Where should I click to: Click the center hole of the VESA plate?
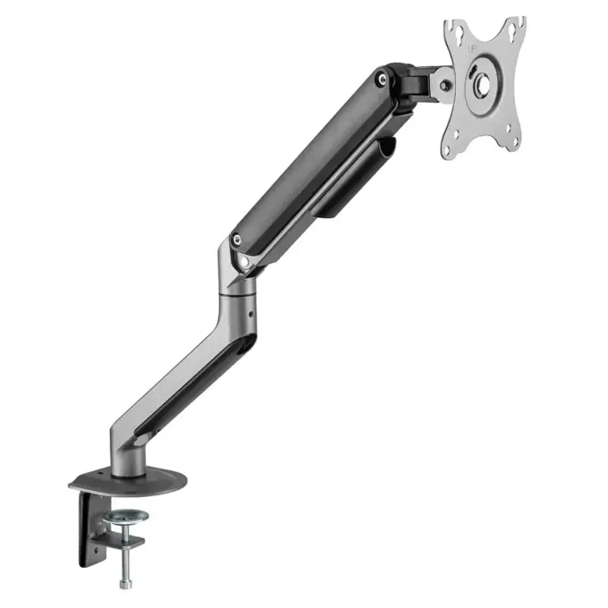pyautogui.click(x=481, y=86)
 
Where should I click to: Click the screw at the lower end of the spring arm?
pyautogui.click(x=236, y=240)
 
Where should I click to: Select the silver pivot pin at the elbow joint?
pyautogui.click(x=243, y=261)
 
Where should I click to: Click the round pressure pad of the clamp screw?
pyautogui.click(x=128, y=516)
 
